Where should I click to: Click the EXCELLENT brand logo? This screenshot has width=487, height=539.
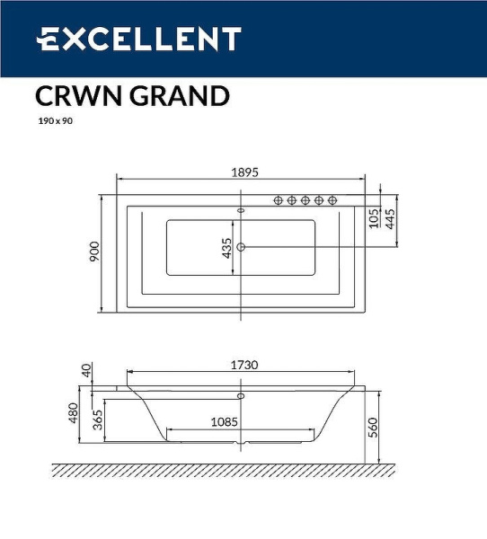pos(138,40)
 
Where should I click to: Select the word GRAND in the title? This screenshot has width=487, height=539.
pos(180,96)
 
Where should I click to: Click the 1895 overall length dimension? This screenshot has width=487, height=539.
pos(241,175)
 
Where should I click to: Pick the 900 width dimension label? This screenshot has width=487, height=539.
pos(93,252)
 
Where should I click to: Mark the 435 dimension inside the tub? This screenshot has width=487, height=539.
pos(227,248)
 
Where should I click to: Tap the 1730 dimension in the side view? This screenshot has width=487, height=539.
pos(242,365)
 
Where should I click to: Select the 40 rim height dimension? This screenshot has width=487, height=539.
pos(86,370)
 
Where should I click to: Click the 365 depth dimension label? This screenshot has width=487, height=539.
pos(97,419)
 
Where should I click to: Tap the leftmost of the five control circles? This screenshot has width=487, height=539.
pos(279,200)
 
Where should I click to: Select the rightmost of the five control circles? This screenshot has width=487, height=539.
pos(332,200)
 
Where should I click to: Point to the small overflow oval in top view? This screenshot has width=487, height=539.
pos(240,211)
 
